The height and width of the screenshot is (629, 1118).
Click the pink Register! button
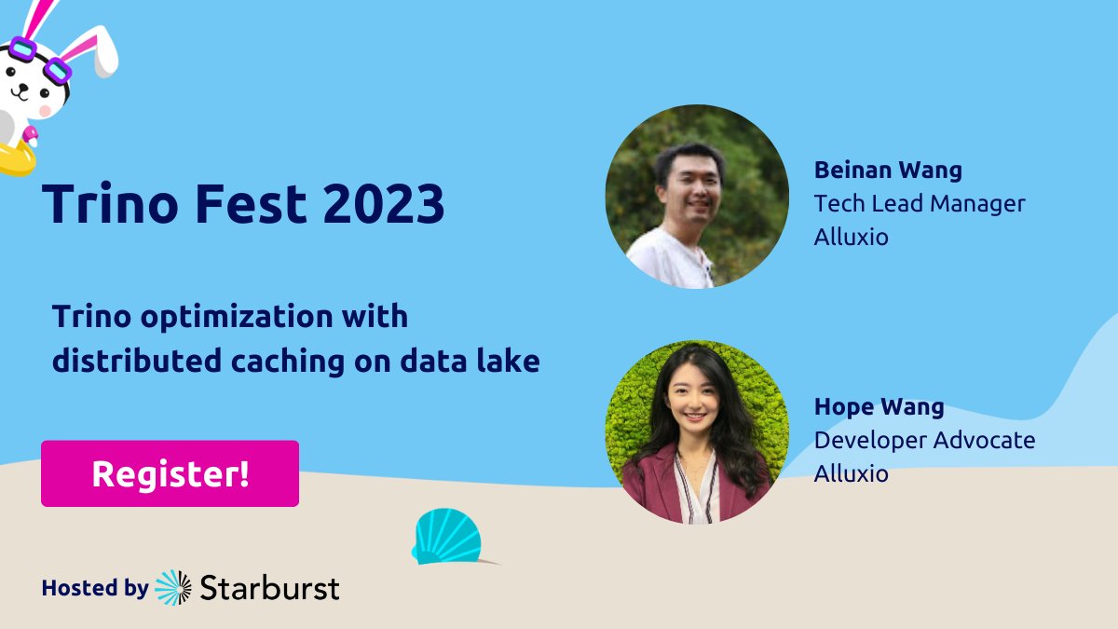(x=170, y=473)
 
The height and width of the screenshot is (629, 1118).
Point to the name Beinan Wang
(x=888, y=171)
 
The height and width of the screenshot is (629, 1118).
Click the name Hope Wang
(x=879, y=407)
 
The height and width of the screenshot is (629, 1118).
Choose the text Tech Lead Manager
(x=919, y=203)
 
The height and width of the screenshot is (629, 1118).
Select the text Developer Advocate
(x=924, y=440)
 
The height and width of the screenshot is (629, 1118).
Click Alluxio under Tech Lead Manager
(x=851, y=237)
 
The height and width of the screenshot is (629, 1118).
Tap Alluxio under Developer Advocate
(x=851, y=473)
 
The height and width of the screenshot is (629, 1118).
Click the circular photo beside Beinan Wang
(x=697, y=197)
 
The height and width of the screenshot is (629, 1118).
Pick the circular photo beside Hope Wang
(x=697, y=432)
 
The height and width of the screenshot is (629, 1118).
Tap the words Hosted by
(x=94, y=588)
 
